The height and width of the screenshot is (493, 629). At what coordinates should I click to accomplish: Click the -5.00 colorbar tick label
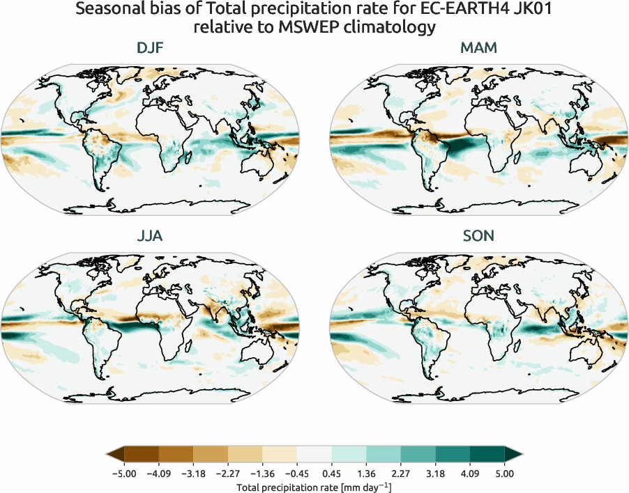[x=123, y=474]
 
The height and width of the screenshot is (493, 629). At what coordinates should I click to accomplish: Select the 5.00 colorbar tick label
[x=505, y=474]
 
